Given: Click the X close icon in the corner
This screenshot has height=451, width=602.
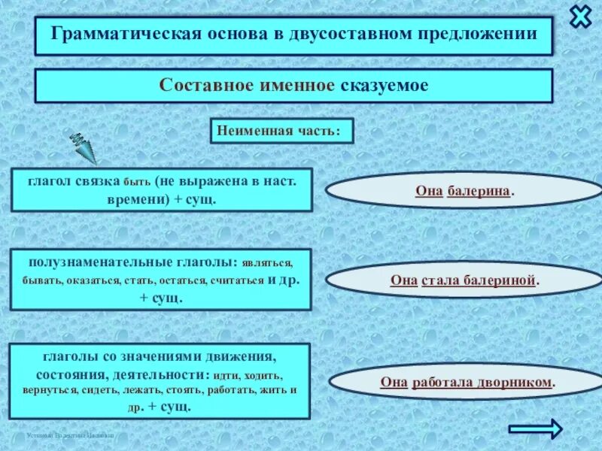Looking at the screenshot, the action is [x=581, y=17].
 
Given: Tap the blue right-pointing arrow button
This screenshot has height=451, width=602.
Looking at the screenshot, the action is [x=535, y=428].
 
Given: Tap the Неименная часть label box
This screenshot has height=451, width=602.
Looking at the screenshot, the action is [x=281, y=130].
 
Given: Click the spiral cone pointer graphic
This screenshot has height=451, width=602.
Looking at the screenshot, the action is [x=85, y=148].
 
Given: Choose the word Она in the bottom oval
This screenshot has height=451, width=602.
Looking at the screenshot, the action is [x=394, y=382].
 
